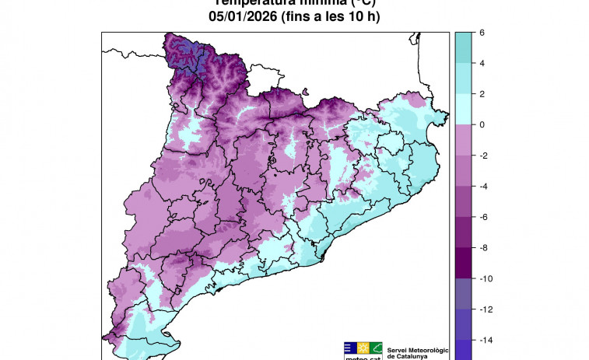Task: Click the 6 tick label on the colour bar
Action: tap(482, 33)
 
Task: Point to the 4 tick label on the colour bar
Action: tap(482, 63)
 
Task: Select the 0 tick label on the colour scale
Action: tap(482, 124)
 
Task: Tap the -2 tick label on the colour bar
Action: tap(484, 156)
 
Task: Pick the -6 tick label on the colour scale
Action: tap(484, 217)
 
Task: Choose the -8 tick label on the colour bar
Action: tap(484, 247)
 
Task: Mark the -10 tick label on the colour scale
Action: tap(486, 278)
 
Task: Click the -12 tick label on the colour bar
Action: tap(486, 309)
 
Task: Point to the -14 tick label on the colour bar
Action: tap(486, 340)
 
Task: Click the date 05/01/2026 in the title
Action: tap(240, 16)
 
